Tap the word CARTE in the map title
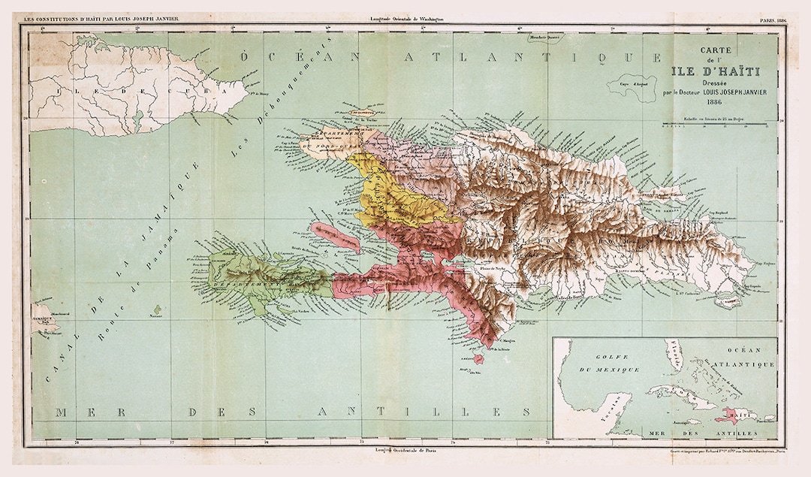coord(716,51)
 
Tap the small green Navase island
coord(157,309)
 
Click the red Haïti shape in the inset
coord(728,414)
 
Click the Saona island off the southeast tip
coord(727,303)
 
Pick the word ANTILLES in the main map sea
coord(421,412)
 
